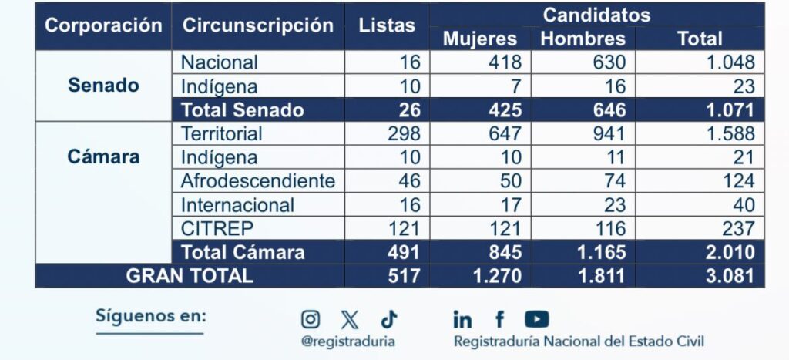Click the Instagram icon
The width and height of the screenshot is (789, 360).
[x=311, y=318]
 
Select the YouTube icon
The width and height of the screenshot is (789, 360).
[x=536, y=318]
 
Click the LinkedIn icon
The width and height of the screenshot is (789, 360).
[x=462, y=318]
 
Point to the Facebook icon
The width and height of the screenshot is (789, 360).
[x=499, y=318]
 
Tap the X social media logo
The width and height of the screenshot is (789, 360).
[x=350, y=318]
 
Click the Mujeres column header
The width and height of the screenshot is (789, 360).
[x=480, y=39]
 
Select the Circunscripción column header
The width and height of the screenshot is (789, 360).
[x=258, y=25]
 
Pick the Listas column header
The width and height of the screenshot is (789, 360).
[x=387, y=25]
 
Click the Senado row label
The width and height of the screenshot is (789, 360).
[x=103, y=86]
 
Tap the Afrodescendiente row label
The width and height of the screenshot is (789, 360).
[x=258, y=181]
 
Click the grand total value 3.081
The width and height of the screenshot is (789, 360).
[x=730, y=276]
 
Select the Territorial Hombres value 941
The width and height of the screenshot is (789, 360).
[x=609, y=133]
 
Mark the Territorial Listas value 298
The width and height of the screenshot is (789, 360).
[x=404, y=133]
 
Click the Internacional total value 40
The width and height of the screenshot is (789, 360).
[x=743, y=205]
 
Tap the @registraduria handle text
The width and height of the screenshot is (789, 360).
[x=348, y=341]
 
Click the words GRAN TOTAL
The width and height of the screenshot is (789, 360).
[x=190, y=276]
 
